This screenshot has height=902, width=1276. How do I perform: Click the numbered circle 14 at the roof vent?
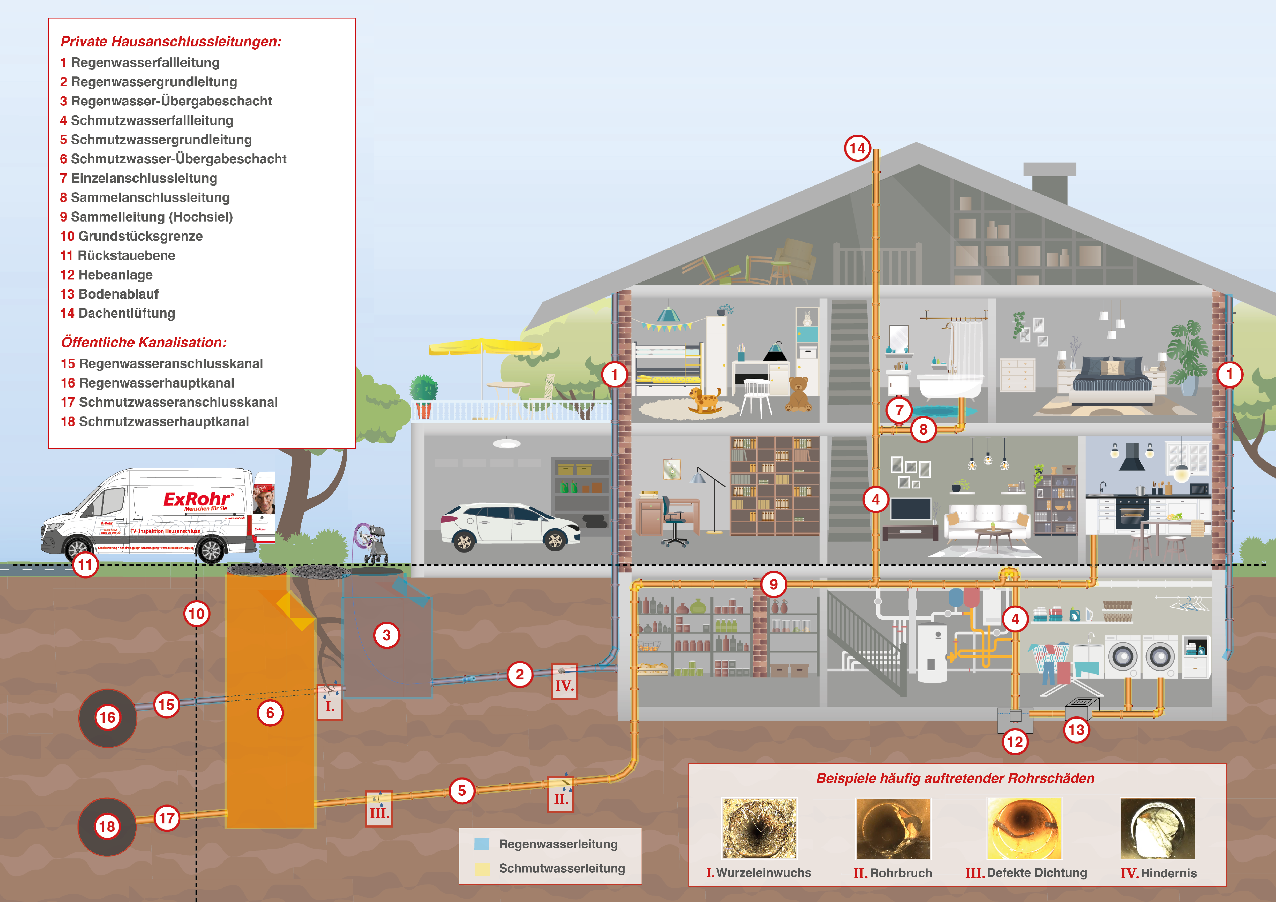coord(857,148)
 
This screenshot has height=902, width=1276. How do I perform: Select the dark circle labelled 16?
coord(107,717)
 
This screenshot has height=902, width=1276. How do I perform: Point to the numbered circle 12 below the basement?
coord(1015,741)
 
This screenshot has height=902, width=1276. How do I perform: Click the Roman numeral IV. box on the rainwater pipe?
coord(564,681)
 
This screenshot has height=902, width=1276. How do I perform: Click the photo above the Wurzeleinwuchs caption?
coord(759,828)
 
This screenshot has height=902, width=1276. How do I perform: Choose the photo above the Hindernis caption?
coord(1158,828)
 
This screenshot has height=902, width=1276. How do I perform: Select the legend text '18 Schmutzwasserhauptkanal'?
coord(155,421)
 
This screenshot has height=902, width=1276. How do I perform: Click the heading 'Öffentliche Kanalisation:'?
coord(143,342)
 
